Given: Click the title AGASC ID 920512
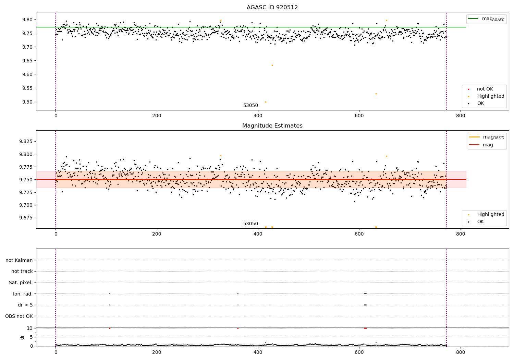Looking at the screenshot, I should (272, 8).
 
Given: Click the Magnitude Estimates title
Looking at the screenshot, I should (272, 126).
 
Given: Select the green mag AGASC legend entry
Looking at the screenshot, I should (486, 19).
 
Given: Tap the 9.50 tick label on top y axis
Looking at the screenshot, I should (27, 102).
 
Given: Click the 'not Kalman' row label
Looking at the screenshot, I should (19, 261).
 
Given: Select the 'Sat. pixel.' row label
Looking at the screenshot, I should (21, 283).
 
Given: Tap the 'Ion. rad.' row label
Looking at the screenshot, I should (23, 294).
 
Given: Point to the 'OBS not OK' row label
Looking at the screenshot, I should (19, 316).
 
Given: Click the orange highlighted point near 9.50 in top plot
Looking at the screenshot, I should (266, 102).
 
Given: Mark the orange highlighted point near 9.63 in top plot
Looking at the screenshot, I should (272, 65).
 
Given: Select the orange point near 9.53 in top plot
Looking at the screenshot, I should (376, 94).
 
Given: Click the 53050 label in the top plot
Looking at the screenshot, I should (250, 106).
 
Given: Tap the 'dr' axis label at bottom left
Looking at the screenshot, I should (22, 337).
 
